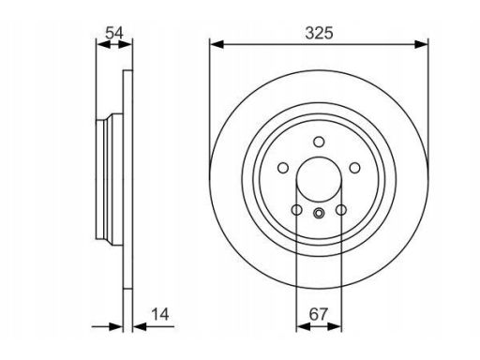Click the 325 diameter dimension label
click(319, 33)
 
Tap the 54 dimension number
click(114, 33)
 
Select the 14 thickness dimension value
click(160, 314)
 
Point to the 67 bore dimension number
click(319, 314)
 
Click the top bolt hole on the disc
click(319, 142)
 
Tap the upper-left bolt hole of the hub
click(283, 168)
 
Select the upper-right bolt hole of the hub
click(354, 168)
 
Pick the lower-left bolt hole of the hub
click(296, 210)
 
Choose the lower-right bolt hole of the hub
click(341, 210)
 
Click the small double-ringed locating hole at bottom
click(319, 214)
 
